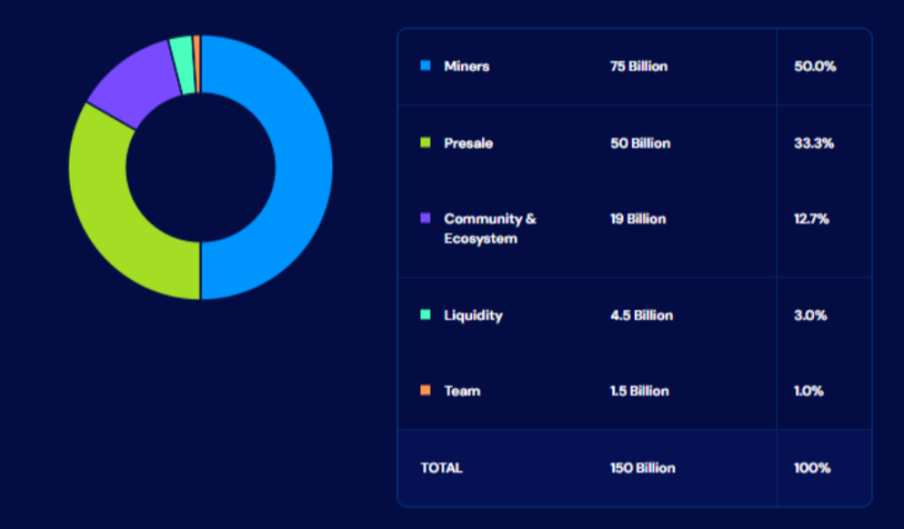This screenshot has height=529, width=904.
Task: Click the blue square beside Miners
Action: (426, 65)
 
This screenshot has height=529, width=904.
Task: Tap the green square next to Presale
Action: (426, 143)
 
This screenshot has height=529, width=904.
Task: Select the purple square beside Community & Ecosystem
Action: (426, 218)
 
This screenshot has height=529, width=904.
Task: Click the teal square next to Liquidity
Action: (426, 315)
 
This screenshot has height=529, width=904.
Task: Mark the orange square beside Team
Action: (426, 390)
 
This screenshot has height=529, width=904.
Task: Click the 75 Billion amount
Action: (638, 66)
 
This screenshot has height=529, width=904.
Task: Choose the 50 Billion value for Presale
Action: (639, 143)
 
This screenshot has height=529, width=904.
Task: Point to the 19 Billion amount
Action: (637, 219)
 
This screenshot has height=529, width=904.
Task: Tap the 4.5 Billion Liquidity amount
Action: (641, 315)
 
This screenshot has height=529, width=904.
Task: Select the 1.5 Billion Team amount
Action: (639, 390)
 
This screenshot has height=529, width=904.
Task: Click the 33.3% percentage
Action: (813, 143)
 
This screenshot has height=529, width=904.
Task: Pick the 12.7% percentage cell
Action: (811, 219)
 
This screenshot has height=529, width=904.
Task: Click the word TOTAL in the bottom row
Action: (441, 468)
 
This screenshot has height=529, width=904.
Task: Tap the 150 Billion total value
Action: (642, 468)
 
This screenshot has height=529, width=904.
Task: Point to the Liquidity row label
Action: (473, 315)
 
